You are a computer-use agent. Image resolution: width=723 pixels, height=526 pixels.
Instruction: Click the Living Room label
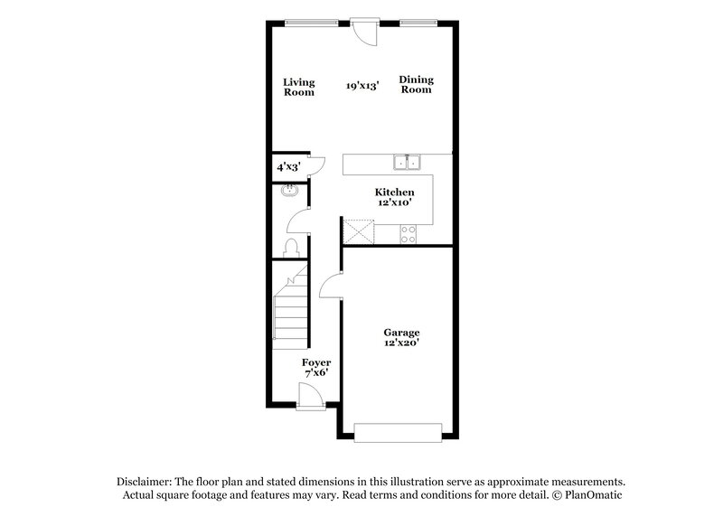pyautogui.click(x=299, y=87)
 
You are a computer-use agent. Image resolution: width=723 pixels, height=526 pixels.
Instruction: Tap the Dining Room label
pyautogui.click(x=416, y=85)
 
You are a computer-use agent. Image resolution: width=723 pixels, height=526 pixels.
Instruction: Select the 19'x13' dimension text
pyautogui.click(x=362, y=87)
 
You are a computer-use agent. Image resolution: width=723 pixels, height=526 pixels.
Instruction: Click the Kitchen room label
pyautogui.click(x=395, y=193)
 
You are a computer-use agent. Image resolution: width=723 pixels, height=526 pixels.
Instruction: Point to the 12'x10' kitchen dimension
pyautogui.click(x=395, y=203)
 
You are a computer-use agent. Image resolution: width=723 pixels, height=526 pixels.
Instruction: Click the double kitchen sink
pyautogui.click(x=407, y=163)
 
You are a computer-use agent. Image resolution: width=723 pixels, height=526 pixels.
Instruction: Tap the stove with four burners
pyautogui.click(x=408, y=232)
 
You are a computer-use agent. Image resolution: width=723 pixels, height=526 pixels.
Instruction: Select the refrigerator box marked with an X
pyautogui.click(x=358, y=231)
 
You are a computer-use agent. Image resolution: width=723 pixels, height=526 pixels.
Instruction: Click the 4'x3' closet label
pyautogui.click(x=288, y=167)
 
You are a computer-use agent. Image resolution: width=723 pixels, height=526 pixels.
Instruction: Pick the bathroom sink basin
pyautogui.click(x=290, y=191)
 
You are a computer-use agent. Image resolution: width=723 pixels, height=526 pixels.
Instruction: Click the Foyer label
pyautogui.click(x=315, y=362)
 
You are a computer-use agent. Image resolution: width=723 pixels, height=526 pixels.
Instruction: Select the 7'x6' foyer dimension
pyautogui.click(x=315, y=373)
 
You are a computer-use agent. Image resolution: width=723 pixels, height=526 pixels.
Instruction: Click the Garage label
pyautogui.click(x=402, y=332)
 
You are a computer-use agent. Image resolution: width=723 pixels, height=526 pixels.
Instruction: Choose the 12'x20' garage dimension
pyautogui.click(x=402, y=343)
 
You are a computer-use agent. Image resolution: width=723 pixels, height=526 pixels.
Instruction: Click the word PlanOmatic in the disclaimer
pyautogui.click(x=594, y=496)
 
